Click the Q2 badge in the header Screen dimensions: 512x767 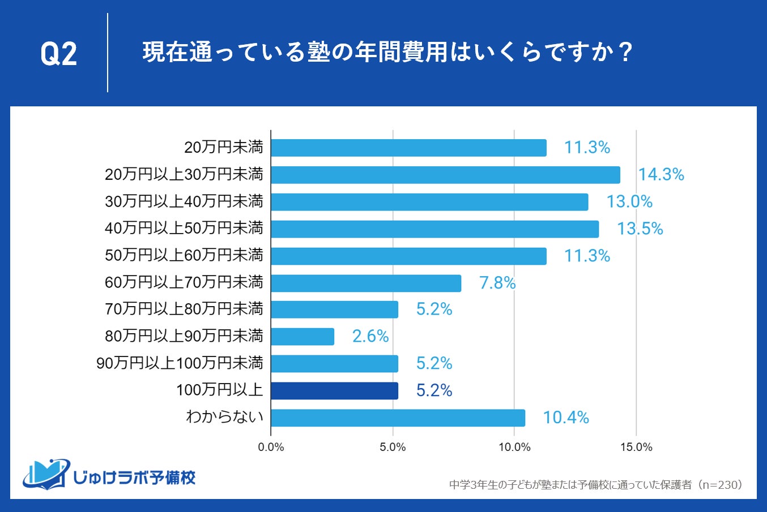coord(59,54)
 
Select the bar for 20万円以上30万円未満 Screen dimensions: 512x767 coord(445,175)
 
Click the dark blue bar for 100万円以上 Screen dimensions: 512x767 coord(334,391)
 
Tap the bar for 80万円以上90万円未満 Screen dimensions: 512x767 coord(302,337)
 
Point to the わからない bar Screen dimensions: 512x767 coord(398,418)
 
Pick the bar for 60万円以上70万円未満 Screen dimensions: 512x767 coord(366,283)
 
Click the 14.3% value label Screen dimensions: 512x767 coord(661,175)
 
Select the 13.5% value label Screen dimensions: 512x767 coord(640,229)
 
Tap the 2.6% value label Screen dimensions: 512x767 coord(370,337)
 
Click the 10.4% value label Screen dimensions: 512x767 coord(566,418)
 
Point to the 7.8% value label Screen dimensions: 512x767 coord(497,283)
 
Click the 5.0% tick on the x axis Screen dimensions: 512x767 coord(393,448)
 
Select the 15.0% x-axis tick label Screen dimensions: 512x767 coord(636,448)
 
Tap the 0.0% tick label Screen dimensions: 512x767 coord(271,448)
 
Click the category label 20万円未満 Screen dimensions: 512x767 coord(224,148)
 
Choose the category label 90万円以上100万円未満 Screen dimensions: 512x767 coord(180,363)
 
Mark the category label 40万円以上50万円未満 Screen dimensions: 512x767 coord(184,229)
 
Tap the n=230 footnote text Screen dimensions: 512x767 coord(595,485)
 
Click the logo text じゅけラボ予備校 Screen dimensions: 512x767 coord(134,478)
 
